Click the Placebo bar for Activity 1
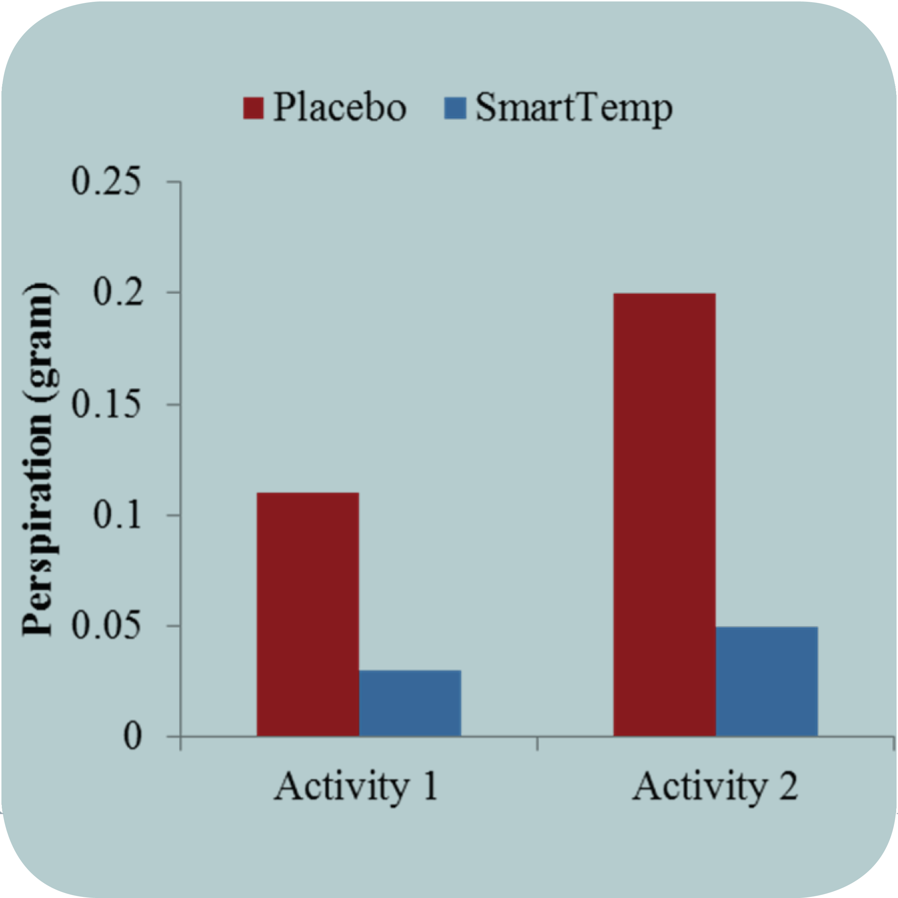coord(308,614)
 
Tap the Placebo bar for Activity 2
coord(664,514)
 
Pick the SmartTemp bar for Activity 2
coord(767,681)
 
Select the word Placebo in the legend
coord(339,107)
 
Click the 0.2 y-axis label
coord(118,293)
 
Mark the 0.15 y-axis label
coord(106,404)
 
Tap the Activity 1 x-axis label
coord(356,786)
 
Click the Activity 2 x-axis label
coord(715,786)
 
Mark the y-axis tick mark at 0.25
coord(174,181)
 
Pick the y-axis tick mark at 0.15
coord(174,404)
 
